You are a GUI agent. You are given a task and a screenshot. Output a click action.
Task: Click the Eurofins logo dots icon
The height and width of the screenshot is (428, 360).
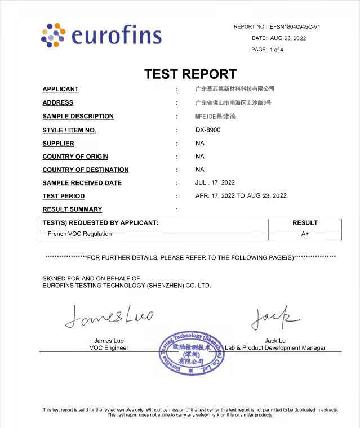click(53, 35)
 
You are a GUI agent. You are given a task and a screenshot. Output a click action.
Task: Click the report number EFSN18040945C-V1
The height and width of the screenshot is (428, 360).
click(295, 26)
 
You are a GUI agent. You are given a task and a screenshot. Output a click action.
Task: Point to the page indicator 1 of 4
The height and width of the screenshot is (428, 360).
click(277, 50)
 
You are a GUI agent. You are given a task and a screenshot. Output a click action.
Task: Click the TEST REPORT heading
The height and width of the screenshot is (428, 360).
click(190, 74)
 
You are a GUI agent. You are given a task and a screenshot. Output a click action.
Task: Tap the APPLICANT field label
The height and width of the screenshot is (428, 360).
click(60, 89)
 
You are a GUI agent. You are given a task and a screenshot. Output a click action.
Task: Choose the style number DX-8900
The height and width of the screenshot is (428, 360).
click(208, 130)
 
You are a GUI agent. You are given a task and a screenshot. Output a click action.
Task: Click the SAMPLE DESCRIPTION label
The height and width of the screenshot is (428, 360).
click(78, 117)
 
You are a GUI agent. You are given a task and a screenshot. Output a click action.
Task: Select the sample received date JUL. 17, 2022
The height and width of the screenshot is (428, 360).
click(215, 182)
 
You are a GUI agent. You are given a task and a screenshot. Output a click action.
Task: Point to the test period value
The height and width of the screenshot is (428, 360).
click(241, 196)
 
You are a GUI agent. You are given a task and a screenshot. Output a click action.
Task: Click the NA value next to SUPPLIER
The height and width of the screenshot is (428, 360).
click(199, 143)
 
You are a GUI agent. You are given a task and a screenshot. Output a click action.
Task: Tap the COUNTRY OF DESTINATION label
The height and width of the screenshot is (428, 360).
click(85, 170)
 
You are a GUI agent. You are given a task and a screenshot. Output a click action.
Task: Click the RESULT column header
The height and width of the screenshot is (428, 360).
click(305, 223)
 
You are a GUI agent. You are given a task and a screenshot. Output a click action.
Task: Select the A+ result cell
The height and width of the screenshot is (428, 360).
click(305, 234)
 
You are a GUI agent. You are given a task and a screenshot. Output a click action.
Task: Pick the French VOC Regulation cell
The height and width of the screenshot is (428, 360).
click(79, 234)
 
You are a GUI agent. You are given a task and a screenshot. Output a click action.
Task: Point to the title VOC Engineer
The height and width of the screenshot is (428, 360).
click(109, 348)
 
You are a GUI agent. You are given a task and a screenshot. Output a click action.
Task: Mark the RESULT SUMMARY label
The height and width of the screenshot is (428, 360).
click(72, 209)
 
